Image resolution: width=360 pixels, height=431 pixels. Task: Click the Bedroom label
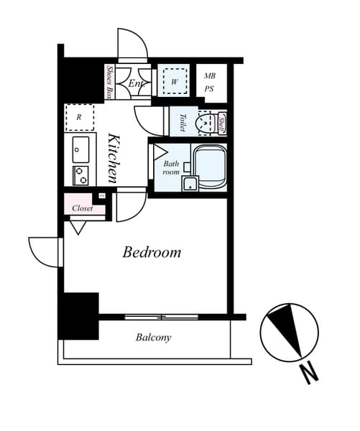(151, 252)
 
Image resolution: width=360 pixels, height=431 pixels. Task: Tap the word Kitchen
(114, 157)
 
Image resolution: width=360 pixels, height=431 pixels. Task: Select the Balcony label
(153, 337)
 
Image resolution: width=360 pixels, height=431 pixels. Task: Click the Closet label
(83, 208)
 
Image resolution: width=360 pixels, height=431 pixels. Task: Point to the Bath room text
(170, 168)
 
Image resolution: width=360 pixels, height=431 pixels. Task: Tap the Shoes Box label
(110, 82)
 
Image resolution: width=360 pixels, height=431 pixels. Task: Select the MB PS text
(210, 83)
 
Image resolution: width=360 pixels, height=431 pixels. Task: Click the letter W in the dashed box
(174, 82)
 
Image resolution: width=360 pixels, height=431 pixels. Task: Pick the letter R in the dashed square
(78, 115)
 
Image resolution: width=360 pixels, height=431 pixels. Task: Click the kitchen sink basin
(80, 148)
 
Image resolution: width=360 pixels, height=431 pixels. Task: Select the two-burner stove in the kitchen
(80, 175)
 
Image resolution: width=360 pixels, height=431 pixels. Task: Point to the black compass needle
(293, 330)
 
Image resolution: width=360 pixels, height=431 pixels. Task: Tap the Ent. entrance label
(136, 84)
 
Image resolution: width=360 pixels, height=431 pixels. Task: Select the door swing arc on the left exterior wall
(45, 251)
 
